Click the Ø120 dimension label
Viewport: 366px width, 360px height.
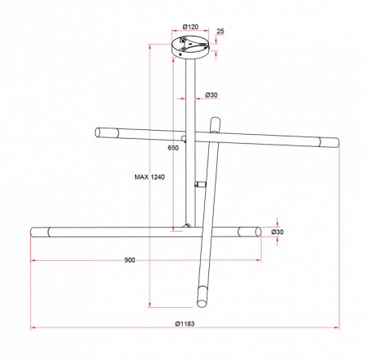pyautogui.click(x=190, y=27)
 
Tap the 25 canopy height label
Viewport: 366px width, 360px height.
pyautogui.click(x=220, y=31)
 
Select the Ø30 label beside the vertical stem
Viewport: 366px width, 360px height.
pyautogui.click(x=211, y=95)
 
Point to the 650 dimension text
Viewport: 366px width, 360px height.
pyautogui.click(x=173, y=148)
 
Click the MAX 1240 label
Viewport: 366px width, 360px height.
pyautogui.click(x=150, y=177)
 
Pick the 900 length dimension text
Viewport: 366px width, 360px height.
pyautogui.click(x=129, y=260)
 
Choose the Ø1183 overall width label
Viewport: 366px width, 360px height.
pyautogui.click(x=185, y=323)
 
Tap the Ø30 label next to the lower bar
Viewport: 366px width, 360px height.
pyautogui.click(x=277, y=232)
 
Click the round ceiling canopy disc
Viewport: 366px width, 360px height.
pyautogui.click(x=190, y=48)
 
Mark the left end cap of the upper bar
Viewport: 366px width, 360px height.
pyautogui.click(x=107, y=132)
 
